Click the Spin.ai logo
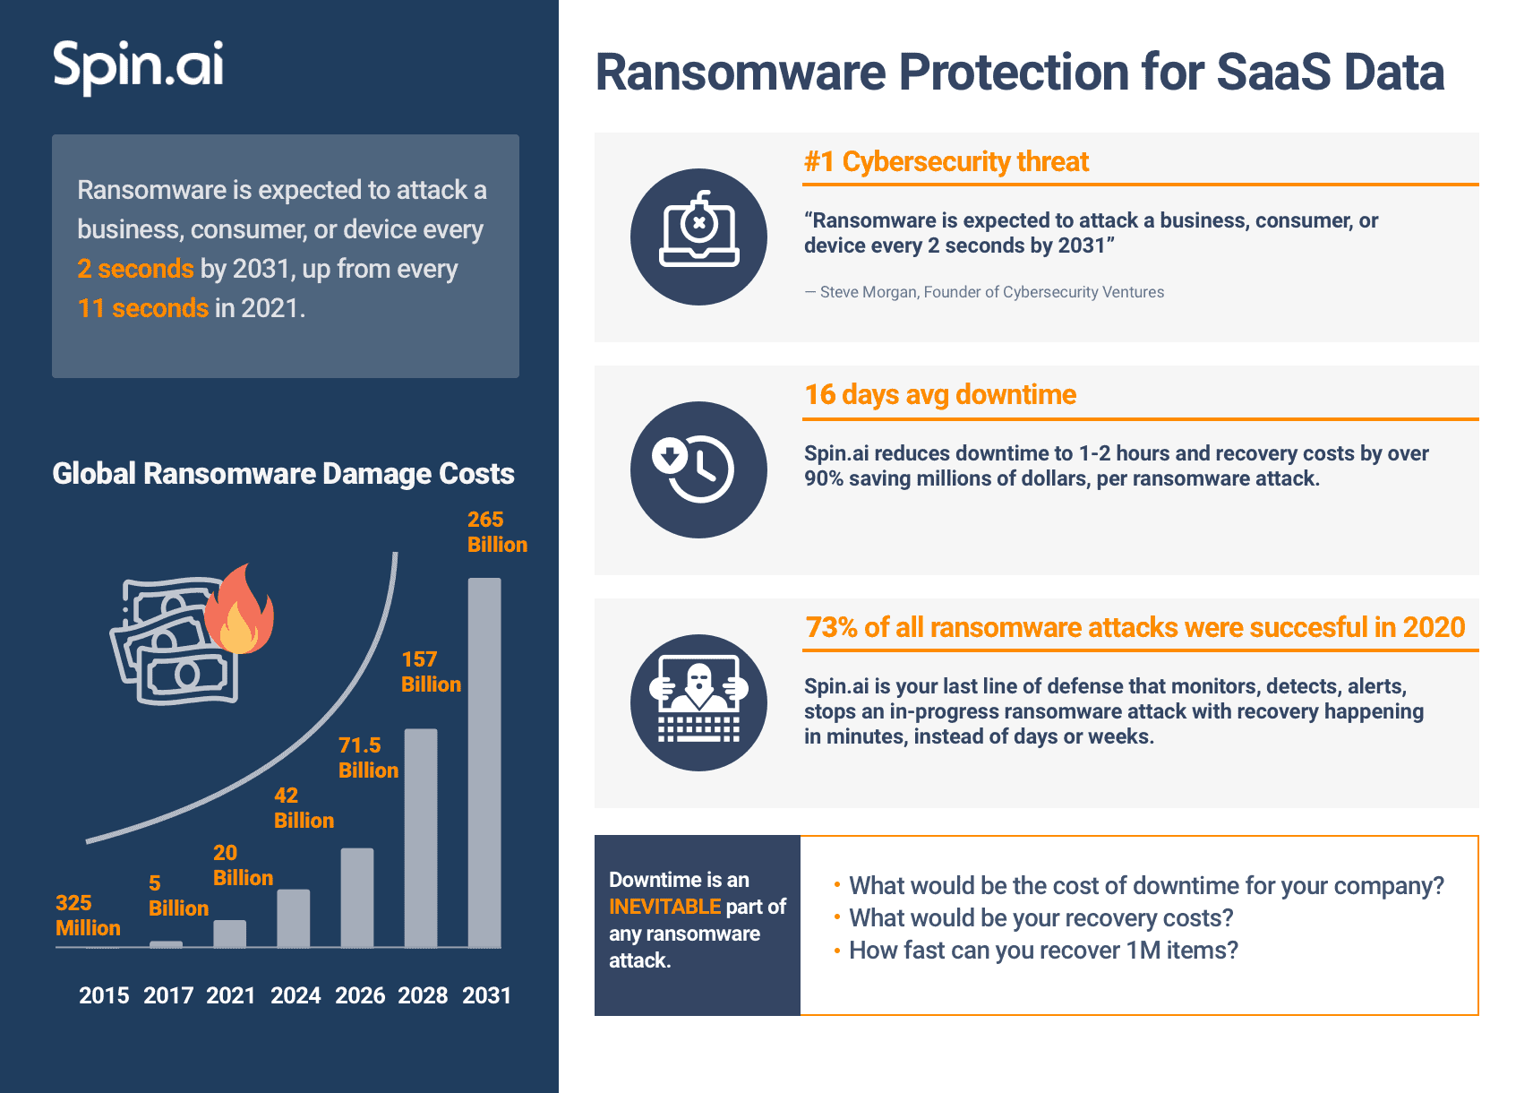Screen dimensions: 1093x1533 138,65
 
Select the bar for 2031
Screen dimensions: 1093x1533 484,762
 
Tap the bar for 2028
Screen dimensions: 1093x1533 421,838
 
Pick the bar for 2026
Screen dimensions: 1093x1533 357,897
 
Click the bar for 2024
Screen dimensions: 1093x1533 294,917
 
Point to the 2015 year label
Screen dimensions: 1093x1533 104,995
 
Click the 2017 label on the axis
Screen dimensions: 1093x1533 168,995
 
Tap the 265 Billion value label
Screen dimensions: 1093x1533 497,532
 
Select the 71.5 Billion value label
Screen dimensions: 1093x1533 368,758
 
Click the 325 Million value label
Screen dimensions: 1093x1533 88,916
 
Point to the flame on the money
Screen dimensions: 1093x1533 239,610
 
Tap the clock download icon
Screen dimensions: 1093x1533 698,469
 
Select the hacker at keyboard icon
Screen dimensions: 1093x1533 698,702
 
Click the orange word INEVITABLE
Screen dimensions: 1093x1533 664,907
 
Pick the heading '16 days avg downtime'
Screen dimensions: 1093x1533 940,394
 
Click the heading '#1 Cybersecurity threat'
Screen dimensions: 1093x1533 946,161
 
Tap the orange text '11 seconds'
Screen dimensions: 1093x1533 143,308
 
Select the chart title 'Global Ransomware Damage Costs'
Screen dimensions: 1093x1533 283,473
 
